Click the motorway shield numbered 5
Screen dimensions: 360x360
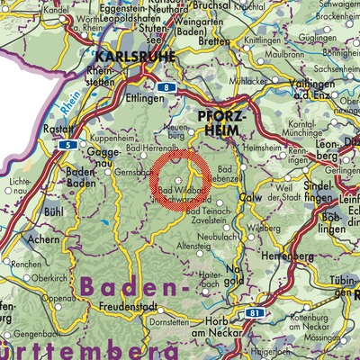coord(66,144)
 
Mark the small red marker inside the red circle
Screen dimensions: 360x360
coord(178,180)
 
